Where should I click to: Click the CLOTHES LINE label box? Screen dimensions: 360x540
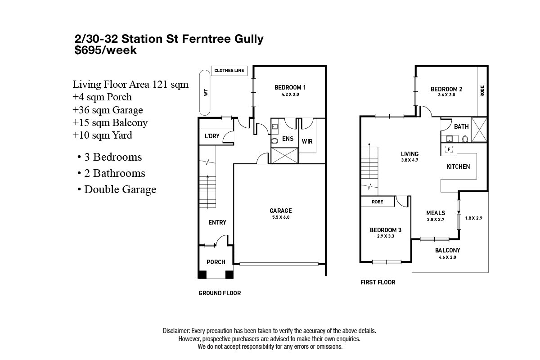(x=229, y=71)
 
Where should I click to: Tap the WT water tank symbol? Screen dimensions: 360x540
(x=206, y=92)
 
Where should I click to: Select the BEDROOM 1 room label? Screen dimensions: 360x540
(x=290, y=87)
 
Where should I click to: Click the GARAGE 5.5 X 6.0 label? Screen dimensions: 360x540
(x=280, y=213)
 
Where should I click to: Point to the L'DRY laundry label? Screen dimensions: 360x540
(x=211, y=136)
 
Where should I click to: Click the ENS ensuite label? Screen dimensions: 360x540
(x=288, y=139)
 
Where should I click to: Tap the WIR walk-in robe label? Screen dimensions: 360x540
(x=307, y=141)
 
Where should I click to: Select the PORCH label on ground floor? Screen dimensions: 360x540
(x=216, y=262)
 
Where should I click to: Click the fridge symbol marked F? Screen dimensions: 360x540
(x=449, y=149)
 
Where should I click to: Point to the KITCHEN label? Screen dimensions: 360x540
(x=458, y=166)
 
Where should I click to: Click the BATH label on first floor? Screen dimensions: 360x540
(x=461, y=126)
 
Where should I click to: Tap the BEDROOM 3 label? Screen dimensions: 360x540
(x=382, y=232)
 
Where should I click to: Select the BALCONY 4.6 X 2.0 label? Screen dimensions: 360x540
(x=447, y=253)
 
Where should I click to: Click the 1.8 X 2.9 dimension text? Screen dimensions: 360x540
(x=473, y=218)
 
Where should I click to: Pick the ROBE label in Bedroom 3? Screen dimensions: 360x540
(x=377, y=202)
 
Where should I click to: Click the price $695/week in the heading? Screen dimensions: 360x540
(x=105, y=50)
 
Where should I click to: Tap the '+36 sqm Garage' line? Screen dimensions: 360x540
(x=108, y=110)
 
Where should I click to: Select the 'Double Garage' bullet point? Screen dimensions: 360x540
(x=120, y=189)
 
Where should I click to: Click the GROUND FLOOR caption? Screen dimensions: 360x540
(x=220, y=293)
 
